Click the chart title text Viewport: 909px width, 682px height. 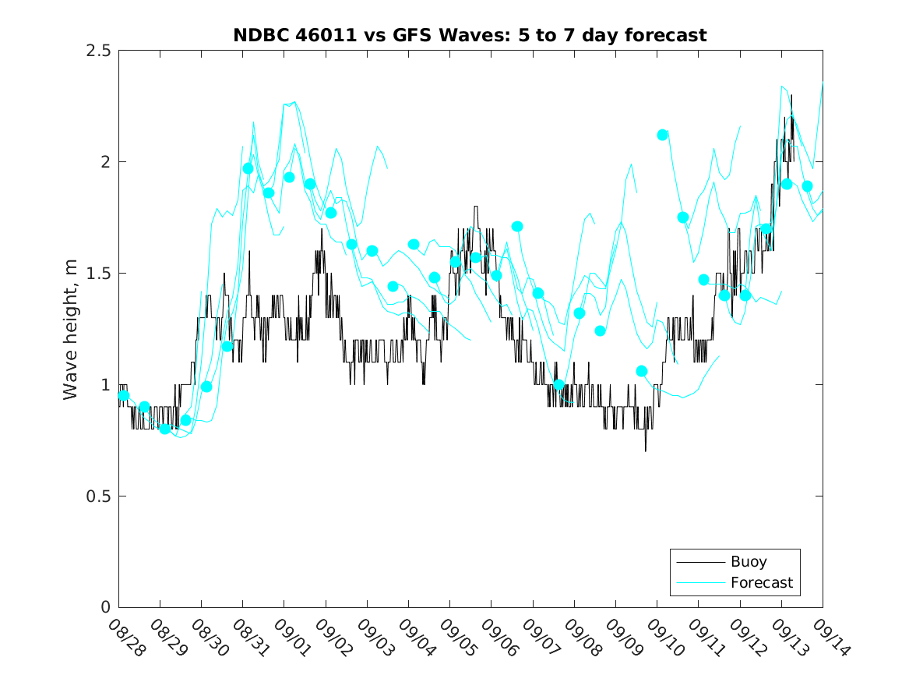click(x=470, y=35)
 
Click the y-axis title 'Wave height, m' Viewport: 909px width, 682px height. click(x=71, y=329)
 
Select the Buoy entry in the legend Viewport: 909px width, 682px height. click(x=748, y=561)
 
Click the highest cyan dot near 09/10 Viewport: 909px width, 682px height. click(x=663, y=135)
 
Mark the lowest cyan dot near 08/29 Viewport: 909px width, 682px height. click(x=165, y=429)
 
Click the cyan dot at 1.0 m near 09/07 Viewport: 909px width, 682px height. click(x=558, y=384)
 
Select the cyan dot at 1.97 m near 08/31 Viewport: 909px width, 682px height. click(x=248, y=168)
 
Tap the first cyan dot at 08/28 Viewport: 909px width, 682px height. click(x=123, y=395)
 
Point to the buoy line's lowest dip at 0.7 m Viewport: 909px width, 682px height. click(x=646, y=451)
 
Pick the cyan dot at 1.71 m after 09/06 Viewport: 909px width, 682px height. click(x=517, y=227)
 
